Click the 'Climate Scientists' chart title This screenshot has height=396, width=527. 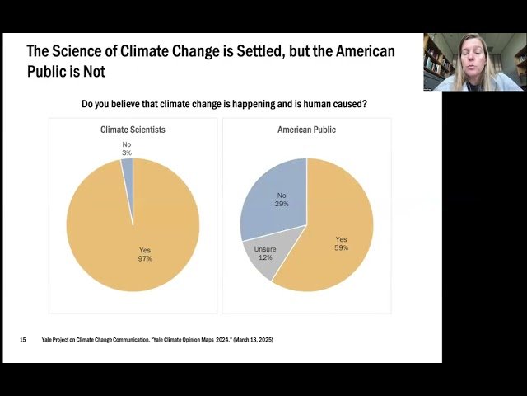133,130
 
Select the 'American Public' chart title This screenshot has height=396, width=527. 306,130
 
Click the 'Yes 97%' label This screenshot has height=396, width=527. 145,254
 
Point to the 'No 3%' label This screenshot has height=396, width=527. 126,148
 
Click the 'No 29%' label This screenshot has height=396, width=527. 282,199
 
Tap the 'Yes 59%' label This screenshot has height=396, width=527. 342,243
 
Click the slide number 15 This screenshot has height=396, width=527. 23,340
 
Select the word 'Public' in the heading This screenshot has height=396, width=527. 50,72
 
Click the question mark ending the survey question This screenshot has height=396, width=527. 365,104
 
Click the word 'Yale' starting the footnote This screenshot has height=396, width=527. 48,340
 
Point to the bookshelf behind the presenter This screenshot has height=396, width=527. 434,58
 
